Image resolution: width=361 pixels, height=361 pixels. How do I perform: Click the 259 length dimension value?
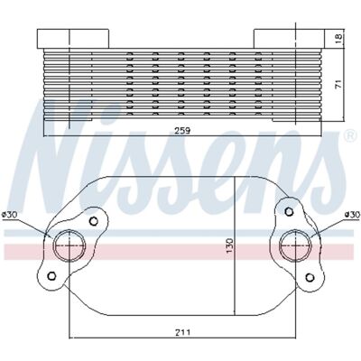[183, 131]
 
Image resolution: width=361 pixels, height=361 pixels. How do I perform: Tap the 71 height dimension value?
[338, 84]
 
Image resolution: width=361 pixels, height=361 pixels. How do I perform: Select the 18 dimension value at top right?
[338, 37]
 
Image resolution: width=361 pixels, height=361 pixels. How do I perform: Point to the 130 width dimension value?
[230, 245]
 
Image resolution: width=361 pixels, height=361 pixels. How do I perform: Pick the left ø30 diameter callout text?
[10, 215]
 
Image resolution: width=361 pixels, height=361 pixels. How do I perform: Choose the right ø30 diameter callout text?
[352, 215]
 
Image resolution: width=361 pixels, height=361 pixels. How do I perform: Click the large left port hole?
[69, 245]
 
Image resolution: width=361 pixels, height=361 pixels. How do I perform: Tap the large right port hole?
[296, 245]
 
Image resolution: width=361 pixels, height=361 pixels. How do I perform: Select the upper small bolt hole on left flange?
[94, 221]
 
